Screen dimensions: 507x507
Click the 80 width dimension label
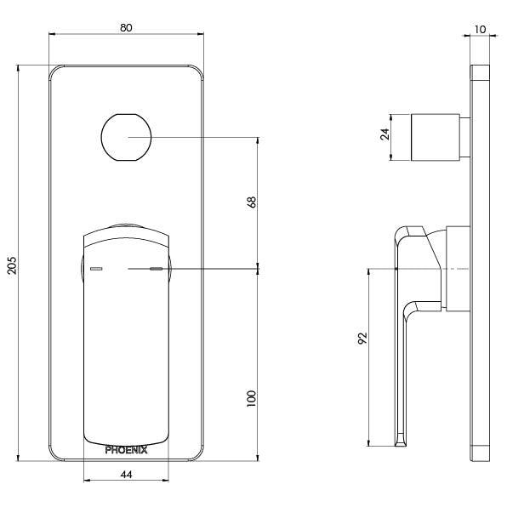point(126,27)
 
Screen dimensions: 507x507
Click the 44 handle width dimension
point(126,475)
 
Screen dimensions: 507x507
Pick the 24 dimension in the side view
point(385,134)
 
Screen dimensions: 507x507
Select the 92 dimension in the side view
point(362,338)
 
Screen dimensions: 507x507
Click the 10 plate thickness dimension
point(481,28)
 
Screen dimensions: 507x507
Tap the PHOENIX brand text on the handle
point(126,451)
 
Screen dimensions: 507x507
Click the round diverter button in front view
point(126,136)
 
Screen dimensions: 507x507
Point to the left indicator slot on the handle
point(95,269)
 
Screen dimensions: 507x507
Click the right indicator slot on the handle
point(156,269)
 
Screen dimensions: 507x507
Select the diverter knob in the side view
point(436,135)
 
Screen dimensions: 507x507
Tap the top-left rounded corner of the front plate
point(56,73)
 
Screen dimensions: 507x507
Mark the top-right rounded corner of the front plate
point(197,73)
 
